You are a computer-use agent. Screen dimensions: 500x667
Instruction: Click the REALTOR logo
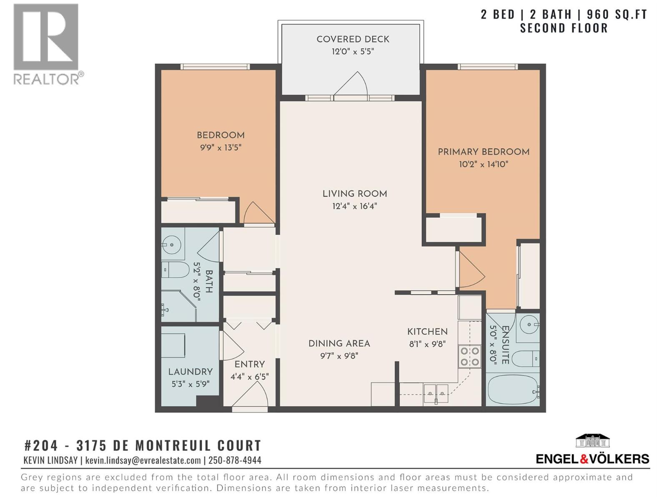(46, 44)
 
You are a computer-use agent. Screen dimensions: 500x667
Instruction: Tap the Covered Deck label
(353, 39)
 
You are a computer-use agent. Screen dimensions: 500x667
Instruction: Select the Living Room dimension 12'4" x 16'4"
(354, 206)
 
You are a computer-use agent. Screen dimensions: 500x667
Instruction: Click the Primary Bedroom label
(483, 152)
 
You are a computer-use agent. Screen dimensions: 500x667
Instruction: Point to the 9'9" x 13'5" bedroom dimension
(221, 147)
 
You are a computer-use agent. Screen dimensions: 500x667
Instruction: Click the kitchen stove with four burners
(469, 357)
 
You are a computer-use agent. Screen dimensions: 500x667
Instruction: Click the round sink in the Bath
(172, 245)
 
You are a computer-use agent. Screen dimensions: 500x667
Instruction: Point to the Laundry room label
(191, 372)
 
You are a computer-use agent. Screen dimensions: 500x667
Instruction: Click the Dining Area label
(339, 344)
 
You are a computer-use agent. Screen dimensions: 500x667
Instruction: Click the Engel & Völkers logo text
(592, 459)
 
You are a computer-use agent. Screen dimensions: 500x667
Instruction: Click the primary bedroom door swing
(471, 271)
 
